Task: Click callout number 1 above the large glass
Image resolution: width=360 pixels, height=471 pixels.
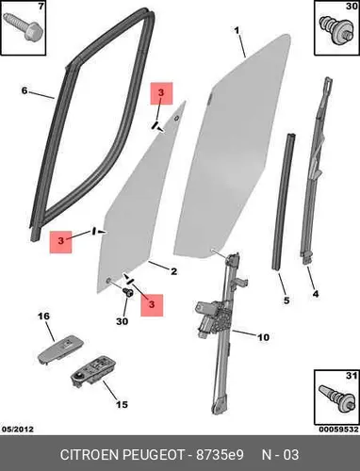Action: pyautogui.click(x=237, y=30)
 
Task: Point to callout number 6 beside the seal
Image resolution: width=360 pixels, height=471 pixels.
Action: pyautogui.click(x=25, y=90)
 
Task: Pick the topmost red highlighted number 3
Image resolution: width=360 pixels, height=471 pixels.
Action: pyautogui.click(x=161, y=93)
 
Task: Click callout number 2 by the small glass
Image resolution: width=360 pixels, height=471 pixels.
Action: pyautogui.click(x=173, y=271)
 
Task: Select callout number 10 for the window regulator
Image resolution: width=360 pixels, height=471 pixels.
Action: pyautogui.click(x=263, y=337)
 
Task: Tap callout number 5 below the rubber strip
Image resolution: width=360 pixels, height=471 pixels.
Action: pyautogui.click(x=286, y=300)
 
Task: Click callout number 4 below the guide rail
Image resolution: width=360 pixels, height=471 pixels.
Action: pyautogui.click(x=316, y=294)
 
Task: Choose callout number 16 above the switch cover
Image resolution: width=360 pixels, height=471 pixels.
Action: pyautogui.click(x=43, y=316)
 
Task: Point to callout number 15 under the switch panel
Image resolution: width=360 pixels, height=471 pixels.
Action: pyautogui.click(x=122, y=404)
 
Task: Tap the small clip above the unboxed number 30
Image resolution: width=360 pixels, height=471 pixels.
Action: pyautogui.click(x=128, y=292)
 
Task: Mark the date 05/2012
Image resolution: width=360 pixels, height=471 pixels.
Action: pyautogui.click(x=18, y=430)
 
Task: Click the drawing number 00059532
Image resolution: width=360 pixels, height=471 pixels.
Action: pyautogui.click(x=339, y=430)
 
